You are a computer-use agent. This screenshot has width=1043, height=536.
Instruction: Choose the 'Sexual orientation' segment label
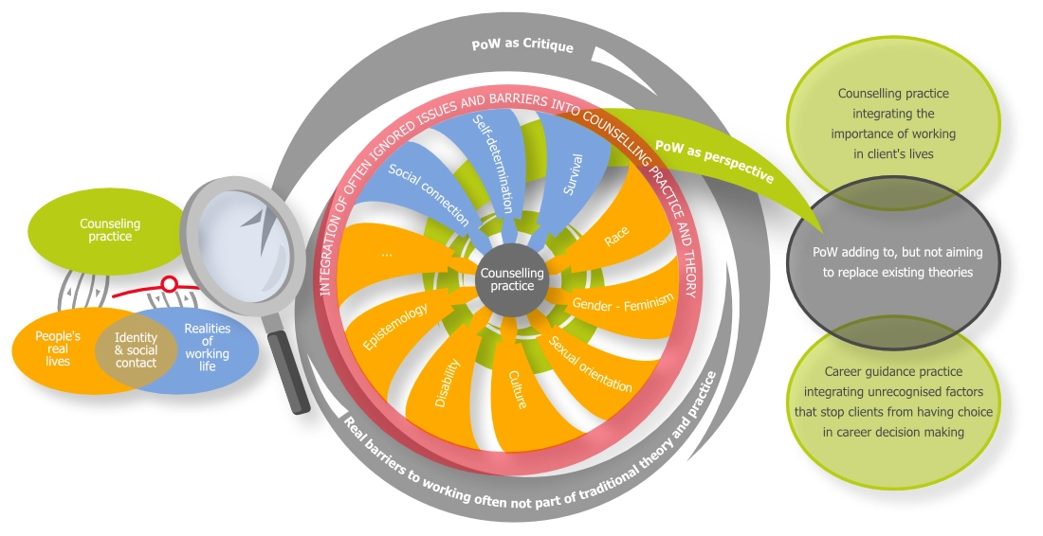tap(590, 364)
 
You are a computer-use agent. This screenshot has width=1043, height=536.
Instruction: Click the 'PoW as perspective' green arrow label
tap(714, 162)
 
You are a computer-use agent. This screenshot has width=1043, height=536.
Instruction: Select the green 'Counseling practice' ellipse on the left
tap(110, 230)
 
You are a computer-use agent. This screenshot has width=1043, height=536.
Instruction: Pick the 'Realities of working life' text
tap(207, 347)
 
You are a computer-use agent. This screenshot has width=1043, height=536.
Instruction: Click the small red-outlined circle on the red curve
tap(170, 283)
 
